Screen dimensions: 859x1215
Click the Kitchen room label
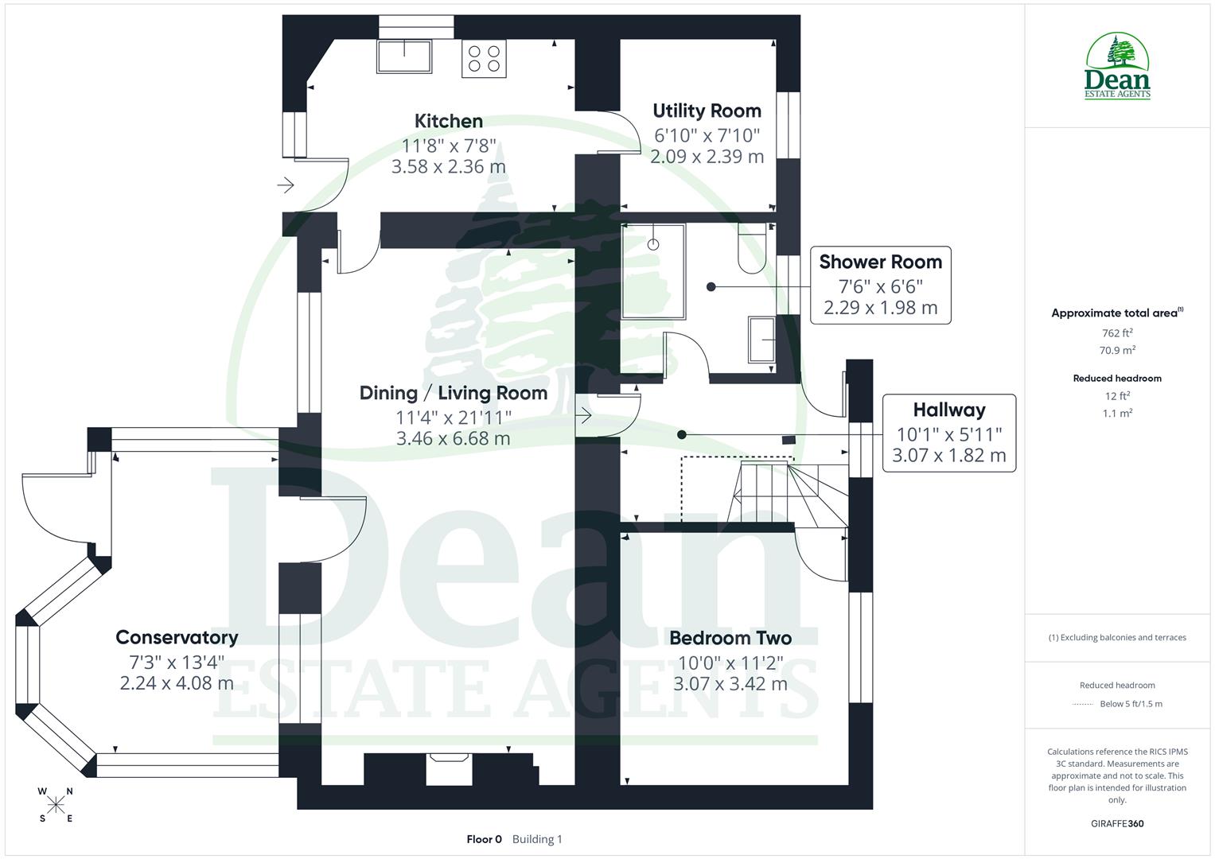[448, 121]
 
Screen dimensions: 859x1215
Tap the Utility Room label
[707, 111]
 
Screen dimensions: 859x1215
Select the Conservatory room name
[177, 637]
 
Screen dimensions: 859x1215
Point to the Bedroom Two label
[730, 638]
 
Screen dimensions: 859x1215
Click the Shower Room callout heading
[880, 262]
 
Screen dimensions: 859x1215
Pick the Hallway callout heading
[948, 410]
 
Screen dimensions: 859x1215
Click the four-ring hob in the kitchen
[484, 59]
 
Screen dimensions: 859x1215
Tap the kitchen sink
[404, 56]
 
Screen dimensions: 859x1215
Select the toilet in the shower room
[752, 249]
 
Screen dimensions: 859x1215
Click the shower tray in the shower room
[652, 271]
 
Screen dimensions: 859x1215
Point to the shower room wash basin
[762, 340]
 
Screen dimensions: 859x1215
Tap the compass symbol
[56, 805]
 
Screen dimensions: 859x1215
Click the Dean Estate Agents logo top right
[1117, 67]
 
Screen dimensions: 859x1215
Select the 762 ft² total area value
[1117, 333]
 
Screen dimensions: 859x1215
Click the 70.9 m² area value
[1117, 350]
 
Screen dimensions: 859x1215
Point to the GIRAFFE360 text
[1117, 823]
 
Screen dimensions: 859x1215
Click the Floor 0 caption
[484, 839]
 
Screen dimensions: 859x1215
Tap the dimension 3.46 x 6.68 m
[453, 438]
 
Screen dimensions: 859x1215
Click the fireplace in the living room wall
[450, 768]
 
